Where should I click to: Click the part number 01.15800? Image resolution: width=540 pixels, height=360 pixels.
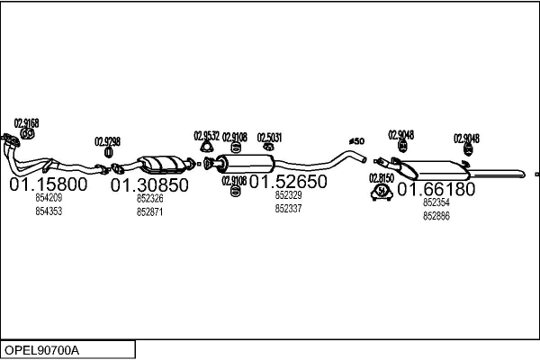(x=49, y=185)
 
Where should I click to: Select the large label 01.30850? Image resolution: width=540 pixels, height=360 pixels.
(x=149, y=186)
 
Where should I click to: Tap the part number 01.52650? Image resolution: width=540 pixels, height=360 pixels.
(x=288, y=182)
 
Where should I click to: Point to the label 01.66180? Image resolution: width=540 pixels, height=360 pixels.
(x=436, y=190)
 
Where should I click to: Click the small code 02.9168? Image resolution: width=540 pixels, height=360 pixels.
(x=26, y=123)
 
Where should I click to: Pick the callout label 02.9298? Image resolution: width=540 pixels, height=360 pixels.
(x=107, y=141)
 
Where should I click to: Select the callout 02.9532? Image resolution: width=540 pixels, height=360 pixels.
(x=206, y=136)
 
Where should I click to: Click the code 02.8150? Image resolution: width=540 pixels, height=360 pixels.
(x=382, y=178)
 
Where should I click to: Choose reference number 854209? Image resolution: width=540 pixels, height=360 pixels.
(x=49, y=198)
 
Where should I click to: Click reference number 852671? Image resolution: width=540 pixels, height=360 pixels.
(x=149, y=211)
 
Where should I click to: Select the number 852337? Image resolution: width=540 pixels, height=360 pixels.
(x=288, y=208)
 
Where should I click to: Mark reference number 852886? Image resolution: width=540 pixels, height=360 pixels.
(x=436, y=215)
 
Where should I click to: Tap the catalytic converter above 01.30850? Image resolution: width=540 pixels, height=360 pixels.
(x=162, y=164)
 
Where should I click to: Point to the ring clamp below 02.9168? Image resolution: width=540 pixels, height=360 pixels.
(x=27, y=134)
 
